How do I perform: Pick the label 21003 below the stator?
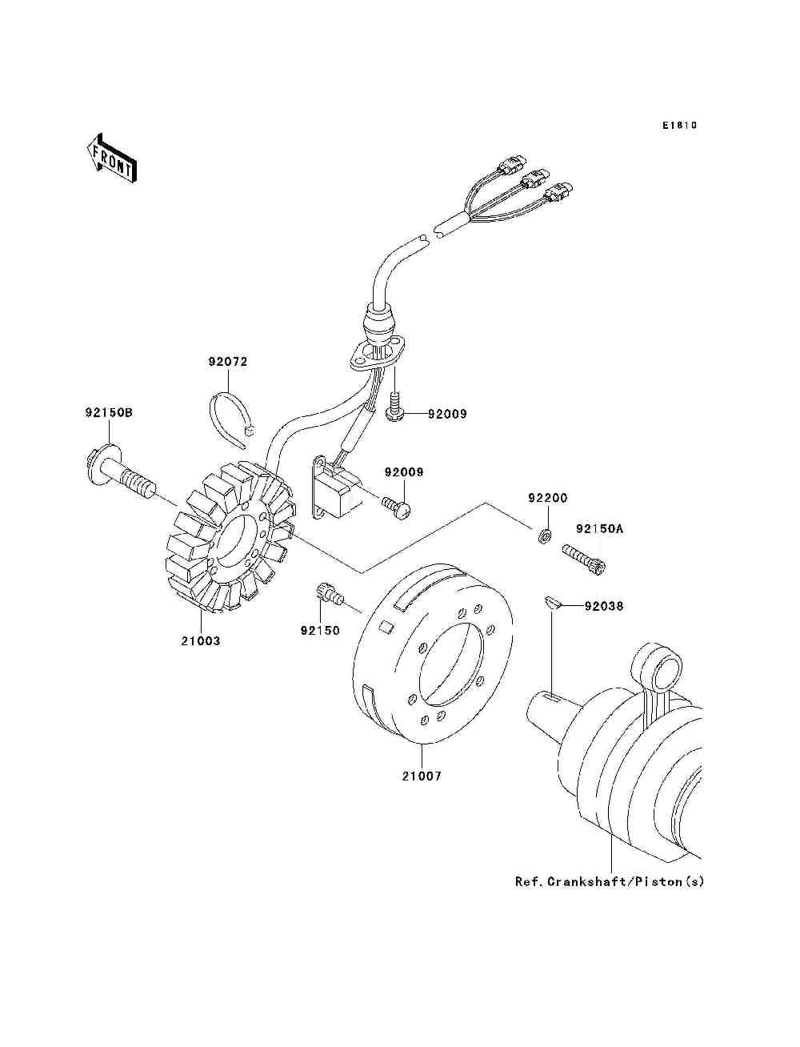coord(200,641)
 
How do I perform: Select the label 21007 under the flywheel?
coord(422,776)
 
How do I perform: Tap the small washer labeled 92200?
coord(543,534)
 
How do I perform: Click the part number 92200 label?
coord(547,498)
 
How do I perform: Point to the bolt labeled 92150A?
coord(586,558)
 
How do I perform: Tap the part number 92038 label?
coord(603,607)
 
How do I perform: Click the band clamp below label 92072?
coord(229,415)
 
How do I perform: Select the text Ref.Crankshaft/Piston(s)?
coord(610,882)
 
